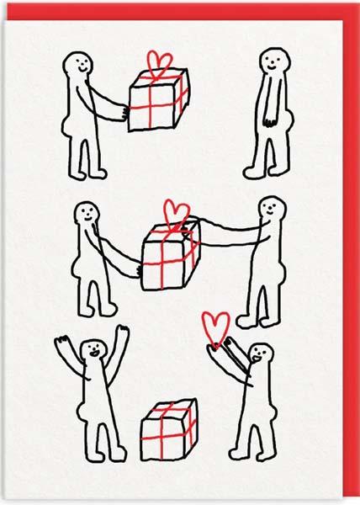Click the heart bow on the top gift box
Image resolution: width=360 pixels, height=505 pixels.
[159, 62]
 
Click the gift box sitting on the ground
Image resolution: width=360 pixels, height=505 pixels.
[168, 429]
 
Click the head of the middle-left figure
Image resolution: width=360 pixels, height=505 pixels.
[86, 215]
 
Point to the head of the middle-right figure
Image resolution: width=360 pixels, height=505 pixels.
[272, 210]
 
